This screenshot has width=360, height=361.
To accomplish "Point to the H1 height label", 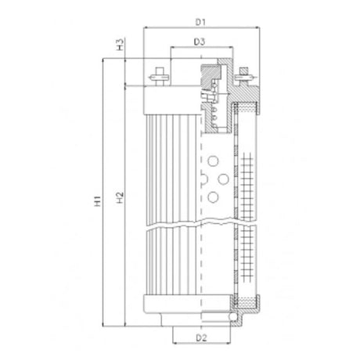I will [x=97, y=203].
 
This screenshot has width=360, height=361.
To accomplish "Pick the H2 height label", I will [x=119, y=203].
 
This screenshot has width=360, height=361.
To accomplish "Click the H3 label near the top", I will [x=119, y=44].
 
